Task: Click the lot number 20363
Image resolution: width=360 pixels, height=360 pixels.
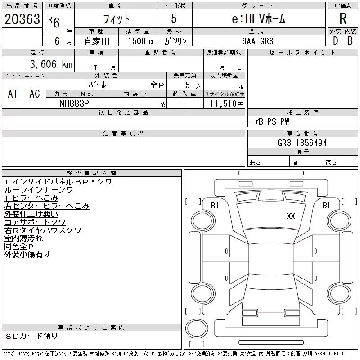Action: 22,19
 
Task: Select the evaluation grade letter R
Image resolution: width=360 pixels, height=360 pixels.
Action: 343,18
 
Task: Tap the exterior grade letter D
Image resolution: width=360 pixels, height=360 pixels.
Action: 335,40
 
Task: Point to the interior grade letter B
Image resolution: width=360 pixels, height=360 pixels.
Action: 350,40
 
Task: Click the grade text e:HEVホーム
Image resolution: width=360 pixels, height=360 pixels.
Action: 258,19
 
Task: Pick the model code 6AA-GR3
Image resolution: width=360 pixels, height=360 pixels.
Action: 258,40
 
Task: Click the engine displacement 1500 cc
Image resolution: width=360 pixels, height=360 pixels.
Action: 138,40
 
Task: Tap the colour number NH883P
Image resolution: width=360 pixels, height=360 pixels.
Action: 75,103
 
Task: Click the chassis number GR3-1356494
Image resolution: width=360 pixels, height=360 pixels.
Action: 302,143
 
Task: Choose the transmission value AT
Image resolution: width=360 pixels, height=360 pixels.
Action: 13,94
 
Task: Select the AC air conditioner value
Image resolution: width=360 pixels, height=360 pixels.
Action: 35,94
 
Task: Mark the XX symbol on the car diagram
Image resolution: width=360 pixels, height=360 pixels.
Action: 291,216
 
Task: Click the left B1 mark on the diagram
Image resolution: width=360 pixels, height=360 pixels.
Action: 215,205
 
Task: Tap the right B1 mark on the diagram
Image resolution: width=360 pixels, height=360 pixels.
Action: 326,205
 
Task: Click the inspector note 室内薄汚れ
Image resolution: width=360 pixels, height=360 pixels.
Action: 23,238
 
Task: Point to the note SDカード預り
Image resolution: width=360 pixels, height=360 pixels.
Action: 32,336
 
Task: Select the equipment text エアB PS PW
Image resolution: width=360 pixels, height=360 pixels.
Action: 270,121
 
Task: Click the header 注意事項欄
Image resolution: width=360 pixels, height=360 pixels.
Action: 123,134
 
